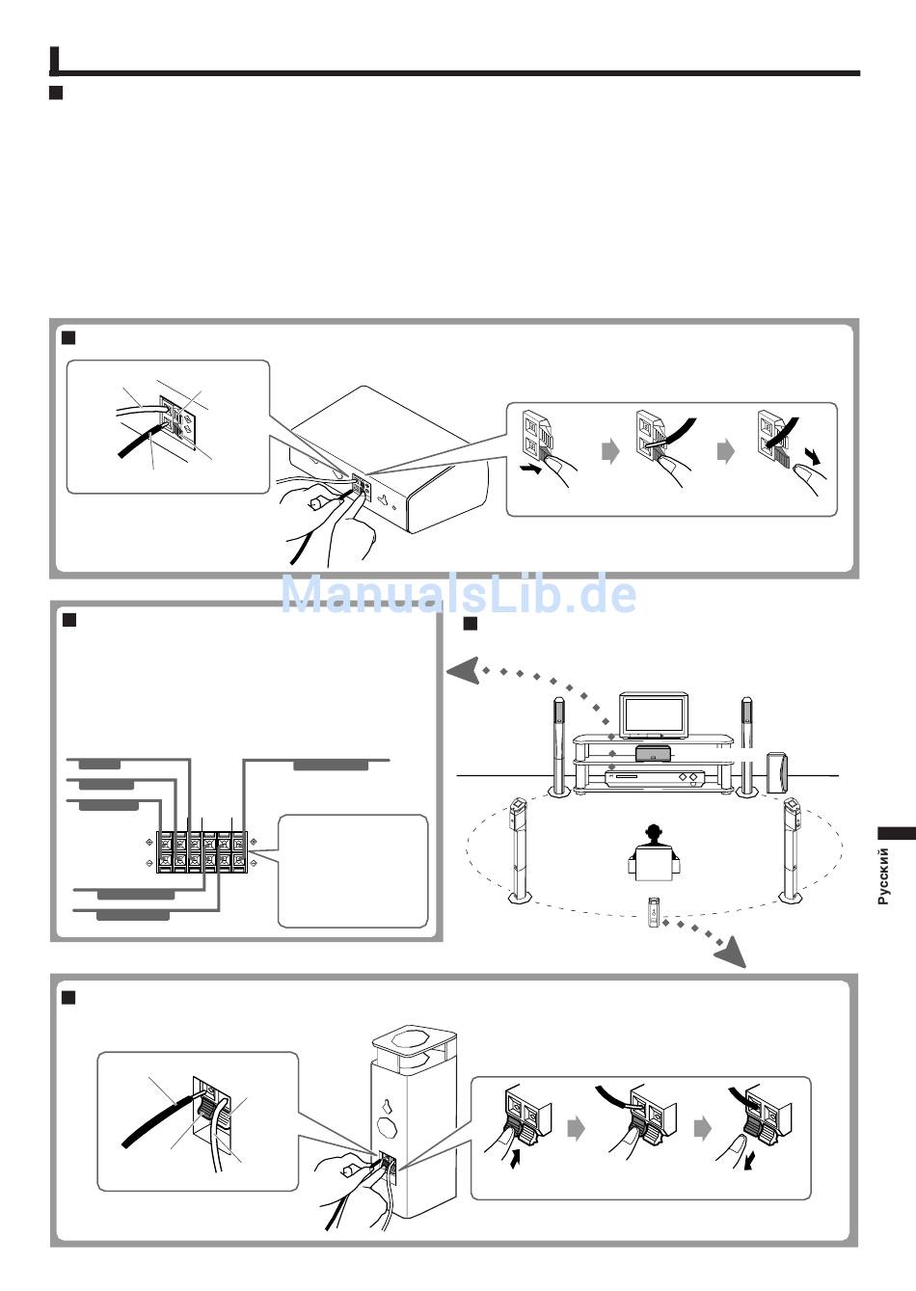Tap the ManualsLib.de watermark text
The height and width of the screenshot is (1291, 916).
pyautogui.click(x=459, y=594)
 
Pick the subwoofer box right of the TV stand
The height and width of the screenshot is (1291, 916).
pyautogui.click(x=776, y=773)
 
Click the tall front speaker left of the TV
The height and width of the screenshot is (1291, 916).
pyautogui.click(x=558, y=748)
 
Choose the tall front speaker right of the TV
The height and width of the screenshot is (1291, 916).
pyautogui.click(x=746, y=748)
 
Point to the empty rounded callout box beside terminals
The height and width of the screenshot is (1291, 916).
pyautogui.click(x=352, y=871)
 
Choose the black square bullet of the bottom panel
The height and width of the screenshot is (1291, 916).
pyautogui.click(x=68, y=997)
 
